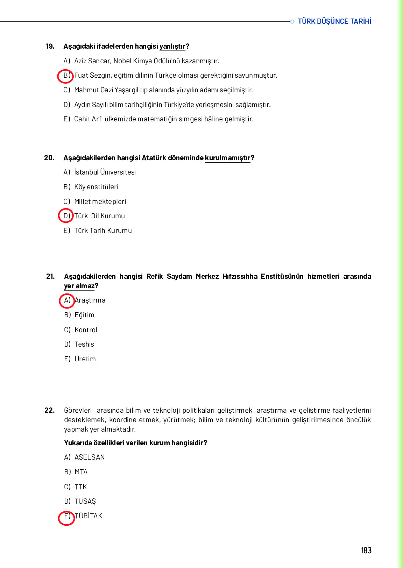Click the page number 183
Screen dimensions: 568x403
[366, 551]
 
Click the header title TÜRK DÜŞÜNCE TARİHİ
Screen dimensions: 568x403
[334, 21]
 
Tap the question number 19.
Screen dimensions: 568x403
[50, 46]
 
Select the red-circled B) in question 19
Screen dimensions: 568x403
[65, 76]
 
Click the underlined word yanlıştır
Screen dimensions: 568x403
[172, 47]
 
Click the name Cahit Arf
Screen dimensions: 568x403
[88, 119]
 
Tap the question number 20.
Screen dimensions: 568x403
[49, 158]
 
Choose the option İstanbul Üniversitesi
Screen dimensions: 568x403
[105, 172]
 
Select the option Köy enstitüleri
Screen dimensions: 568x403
[96, 187]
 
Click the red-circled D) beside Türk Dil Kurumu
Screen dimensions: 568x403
[66, 216]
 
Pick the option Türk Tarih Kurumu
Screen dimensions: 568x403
[103, 231]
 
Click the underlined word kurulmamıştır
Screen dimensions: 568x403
[227, 158]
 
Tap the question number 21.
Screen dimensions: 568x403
[50, 276]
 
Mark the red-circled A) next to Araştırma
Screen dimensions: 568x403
[67, 300]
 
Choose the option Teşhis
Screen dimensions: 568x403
[84, 345]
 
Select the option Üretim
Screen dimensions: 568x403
[85, 359]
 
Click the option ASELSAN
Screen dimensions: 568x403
[90, 457]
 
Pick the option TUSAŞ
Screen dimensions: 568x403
[85, 502]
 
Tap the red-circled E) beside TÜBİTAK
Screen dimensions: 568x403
[66, 517]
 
